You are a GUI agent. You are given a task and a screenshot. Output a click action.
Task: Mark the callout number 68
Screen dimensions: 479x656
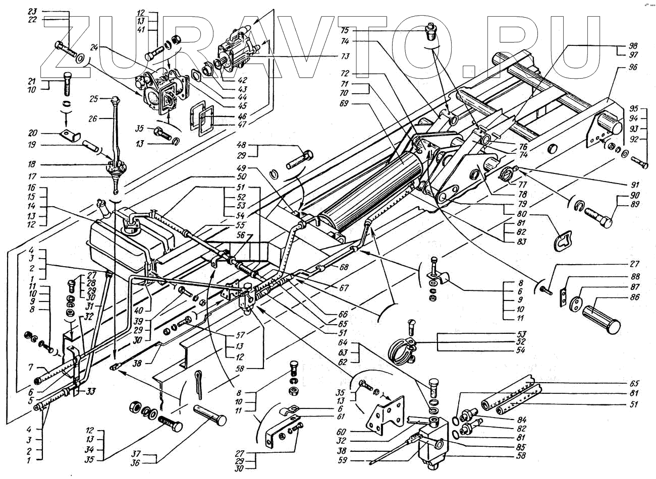pyautogui.click(x=345, y=267)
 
